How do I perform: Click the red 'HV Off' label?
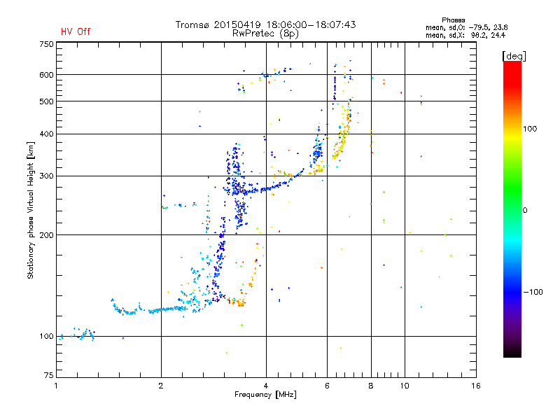[76, 31]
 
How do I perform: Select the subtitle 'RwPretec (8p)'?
[265, 34]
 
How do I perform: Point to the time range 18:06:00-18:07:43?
[311, 24]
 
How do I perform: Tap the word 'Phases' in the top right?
[453, 20]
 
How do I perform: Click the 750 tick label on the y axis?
[46, 44]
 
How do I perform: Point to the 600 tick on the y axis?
[46, 75]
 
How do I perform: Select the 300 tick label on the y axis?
[46, 176]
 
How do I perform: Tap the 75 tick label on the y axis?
[49, 375]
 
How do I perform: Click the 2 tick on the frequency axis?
[161, 386]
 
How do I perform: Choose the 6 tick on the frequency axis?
[327, 386]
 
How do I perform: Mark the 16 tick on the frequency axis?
[476, 386]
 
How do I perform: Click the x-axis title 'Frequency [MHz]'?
[265, 395]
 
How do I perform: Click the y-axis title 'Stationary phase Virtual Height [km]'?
[31, 210]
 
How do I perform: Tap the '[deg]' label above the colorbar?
[514, 56]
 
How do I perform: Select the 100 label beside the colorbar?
[530, 129]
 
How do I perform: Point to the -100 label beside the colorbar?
[533, 292]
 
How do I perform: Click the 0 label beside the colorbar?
[525, 211]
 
